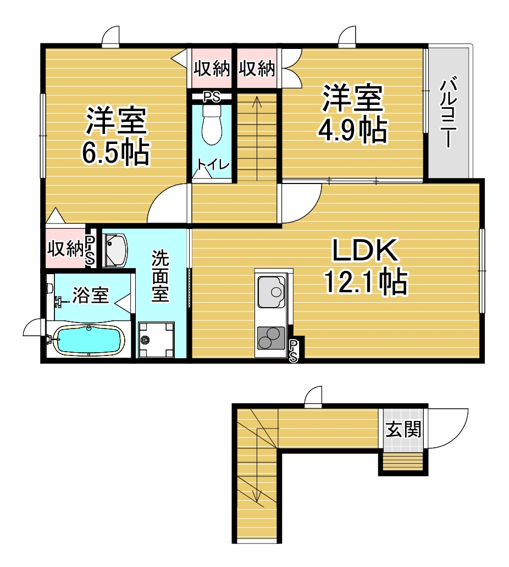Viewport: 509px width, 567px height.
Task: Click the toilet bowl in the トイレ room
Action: [x=212, y=125]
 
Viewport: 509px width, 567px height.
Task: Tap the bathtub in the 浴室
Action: [x=89, y=339]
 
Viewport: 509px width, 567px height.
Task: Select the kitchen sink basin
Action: [x=271, y=291]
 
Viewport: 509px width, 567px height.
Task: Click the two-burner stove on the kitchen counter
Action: [x=271, y=337]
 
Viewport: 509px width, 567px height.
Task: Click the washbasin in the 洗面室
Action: [x=115, y=250]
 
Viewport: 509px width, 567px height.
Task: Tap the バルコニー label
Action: [x=448, y=112]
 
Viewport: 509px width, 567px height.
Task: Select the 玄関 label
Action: [x=403, y=429]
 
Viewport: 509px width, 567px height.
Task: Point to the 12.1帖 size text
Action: [x=366, y=281]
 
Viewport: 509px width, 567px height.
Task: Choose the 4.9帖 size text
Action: [x=353, y=129]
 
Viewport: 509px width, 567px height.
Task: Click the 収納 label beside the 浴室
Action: [x=65, y=248]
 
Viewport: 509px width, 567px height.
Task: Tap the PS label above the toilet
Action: [x=212, y=97]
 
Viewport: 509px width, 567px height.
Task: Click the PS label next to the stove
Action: [x=294, y=351]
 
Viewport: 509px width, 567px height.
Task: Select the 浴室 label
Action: [x=91, y=295]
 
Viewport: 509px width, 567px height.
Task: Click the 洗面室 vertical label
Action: [x=160, y=276]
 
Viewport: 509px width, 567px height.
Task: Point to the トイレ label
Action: [x=213, y=164]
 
